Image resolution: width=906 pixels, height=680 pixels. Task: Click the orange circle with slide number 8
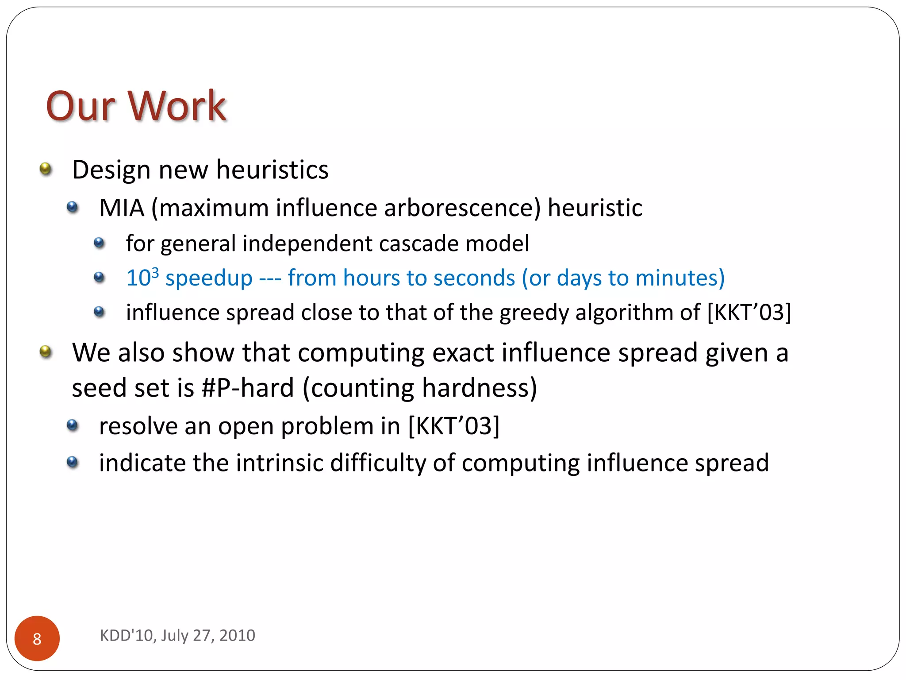pyautogui.click(x=37, y=638)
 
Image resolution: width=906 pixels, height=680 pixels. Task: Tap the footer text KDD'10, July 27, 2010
pyautogui.click(x=177, y=635)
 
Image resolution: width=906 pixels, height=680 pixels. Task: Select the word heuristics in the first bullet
pyautogui.click(x=272, y=170)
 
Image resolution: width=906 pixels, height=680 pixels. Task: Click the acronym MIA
pyautogui.click(x=122, y=208)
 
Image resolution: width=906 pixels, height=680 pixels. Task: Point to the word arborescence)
pyautogui.click(x=462, y=208)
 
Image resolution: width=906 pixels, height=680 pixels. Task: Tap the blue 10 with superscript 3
pyautogui.click(x=142, y=278)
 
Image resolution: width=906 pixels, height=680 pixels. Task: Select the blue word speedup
pyautogui.click(x=209, y=278)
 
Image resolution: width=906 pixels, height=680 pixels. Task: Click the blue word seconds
pyautogui.click(x=474, y=278)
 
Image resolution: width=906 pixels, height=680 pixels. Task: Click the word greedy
pyautogui.click(x=534, y=313)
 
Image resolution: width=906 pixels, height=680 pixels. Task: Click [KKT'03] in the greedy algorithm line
pyautogui.click(x=749, y=313)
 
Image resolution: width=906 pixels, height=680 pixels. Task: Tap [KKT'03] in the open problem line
pyautogui.click(x=453, y=426)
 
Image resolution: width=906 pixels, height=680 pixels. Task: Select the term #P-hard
pyautogui.click(x=247, y=388)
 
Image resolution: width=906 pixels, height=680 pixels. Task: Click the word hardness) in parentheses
pyautogui.click(x=479, y=388)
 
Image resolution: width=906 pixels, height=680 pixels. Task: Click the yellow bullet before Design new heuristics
pyautogui.click(x=46, y=169)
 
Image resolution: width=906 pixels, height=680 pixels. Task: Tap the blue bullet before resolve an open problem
pyautogui.click(x=72, y=425)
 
